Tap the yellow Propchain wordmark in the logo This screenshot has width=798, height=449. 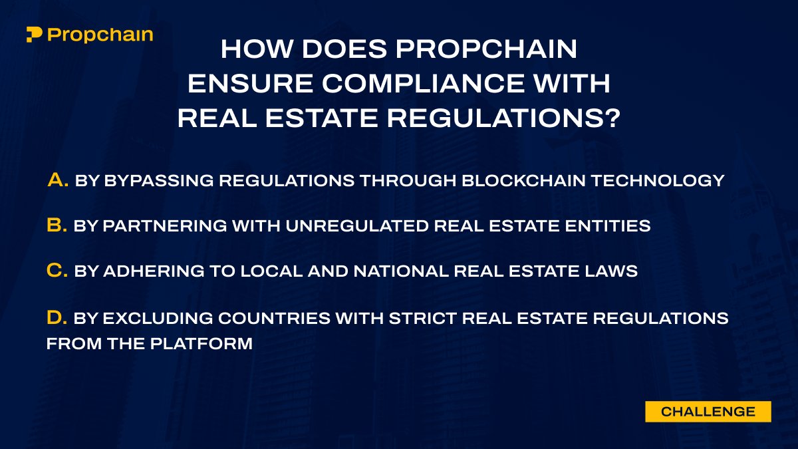click(100, 35)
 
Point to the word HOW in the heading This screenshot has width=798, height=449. click(253, 49)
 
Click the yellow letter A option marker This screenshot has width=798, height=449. click(59, 180)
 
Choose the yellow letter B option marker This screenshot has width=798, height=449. click(57, 225)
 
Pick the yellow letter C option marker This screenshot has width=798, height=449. click(57, 271)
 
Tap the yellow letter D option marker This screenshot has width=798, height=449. click(57, 318)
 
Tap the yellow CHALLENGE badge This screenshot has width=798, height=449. click(708, 412)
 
